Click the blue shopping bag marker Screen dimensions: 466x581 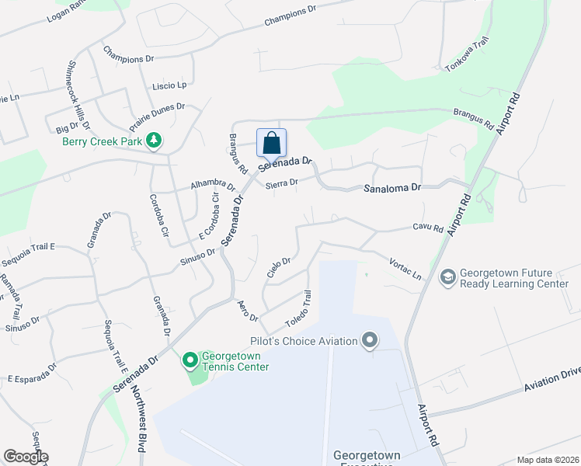pyautogui.click(x=271, y=144)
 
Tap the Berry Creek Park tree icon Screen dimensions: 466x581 pyautogui.click(x=155, y=141)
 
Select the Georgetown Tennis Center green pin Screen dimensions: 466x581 pyautogui.click(x=190, y=360)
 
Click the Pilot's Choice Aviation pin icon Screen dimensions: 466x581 pyautogui.click(x=370, y=341)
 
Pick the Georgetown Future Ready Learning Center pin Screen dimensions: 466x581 pyautogui.click(x=447, y=276)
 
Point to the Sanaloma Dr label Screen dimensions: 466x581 pyautogui.click(x=393, y=189)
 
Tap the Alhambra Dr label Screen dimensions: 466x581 pyautogui.click(x=213, y=186)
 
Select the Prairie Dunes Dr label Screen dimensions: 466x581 pyautogui.click(x=156, y=113)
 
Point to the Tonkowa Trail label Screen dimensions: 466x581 pyautogui.click(x=466, y=54)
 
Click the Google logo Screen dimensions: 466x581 pyautogui.click(x=26, y=457)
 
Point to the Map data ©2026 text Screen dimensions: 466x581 pyautogui.click(x=548, y=460)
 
